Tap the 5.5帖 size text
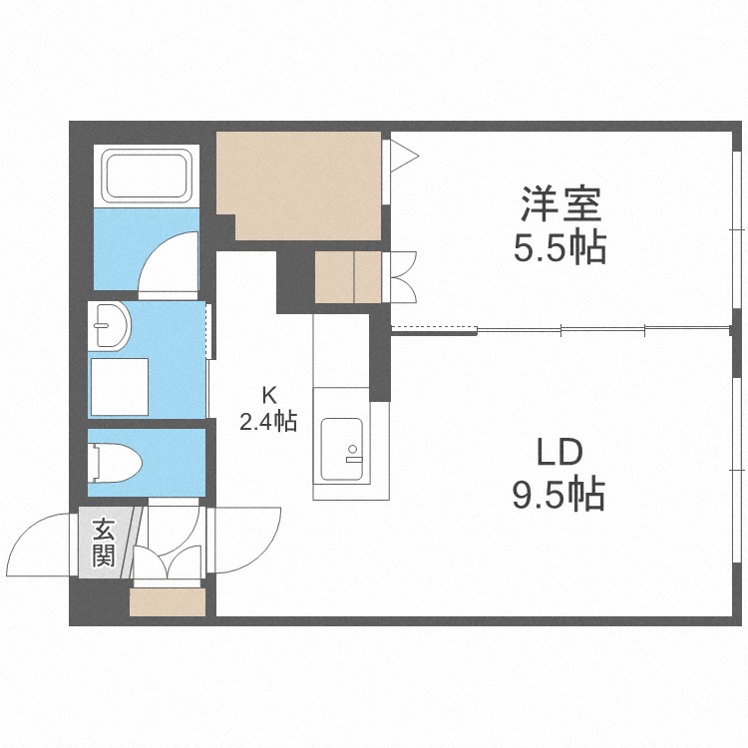(x=560, y=247)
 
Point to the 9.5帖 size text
(x=559, y=494)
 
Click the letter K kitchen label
(x=267, y=392)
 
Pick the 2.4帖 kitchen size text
(x=267, y=422)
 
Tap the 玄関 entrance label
(x=103, y=543)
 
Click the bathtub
(x=148, y=176)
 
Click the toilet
(x=117, y=462)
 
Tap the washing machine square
(x=120, y=386)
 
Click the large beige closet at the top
(x=299, y=185)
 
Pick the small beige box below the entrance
(x=167, y=601)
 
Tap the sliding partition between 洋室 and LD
(x=559, y=329)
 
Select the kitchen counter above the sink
(x=341, y=359)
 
